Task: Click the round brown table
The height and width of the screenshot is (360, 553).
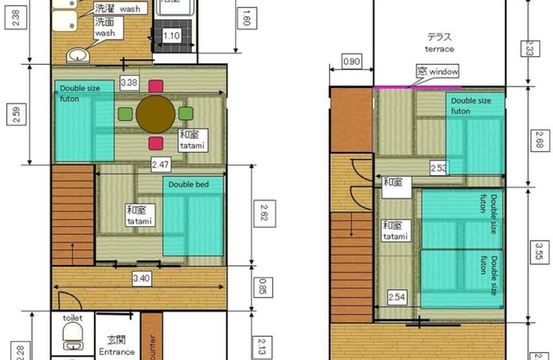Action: pyautogui.click(x=156, y=113)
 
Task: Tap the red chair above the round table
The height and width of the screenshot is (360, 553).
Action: pyautogui.click(x=156, y=85)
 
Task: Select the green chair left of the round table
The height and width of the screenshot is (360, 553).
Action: pyautogui.click(x=125, y=113)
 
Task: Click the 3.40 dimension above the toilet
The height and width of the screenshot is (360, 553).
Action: pyautogui.click(x=141, y=279)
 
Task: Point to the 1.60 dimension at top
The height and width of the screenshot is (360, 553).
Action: pyautogui.click(x=245, y=18)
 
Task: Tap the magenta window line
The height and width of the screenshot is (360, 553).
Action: pyautogui.click(x=441, y=87)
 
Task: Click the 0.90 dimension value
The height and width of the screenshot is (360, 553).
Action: pyautogui.click(x=353, y=62)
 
